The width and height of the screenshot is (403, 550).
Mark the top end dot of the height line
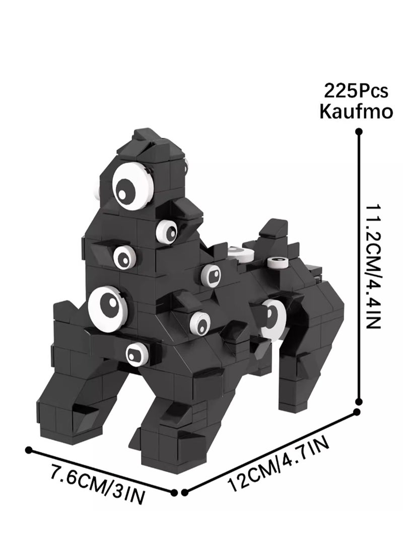359,132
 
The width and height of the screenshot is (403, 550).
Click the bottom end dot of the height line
359,402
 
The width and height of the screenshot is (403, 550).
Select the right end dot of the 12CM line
357,412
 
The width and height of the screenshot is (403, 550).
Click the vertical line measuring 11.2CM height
359,267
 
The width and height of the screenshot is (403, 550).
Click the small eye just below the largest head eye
167,231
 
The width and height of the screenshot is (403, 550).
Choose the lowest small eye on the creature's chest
137,354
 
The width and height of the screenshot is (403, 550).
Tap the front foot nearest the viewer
166,449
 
